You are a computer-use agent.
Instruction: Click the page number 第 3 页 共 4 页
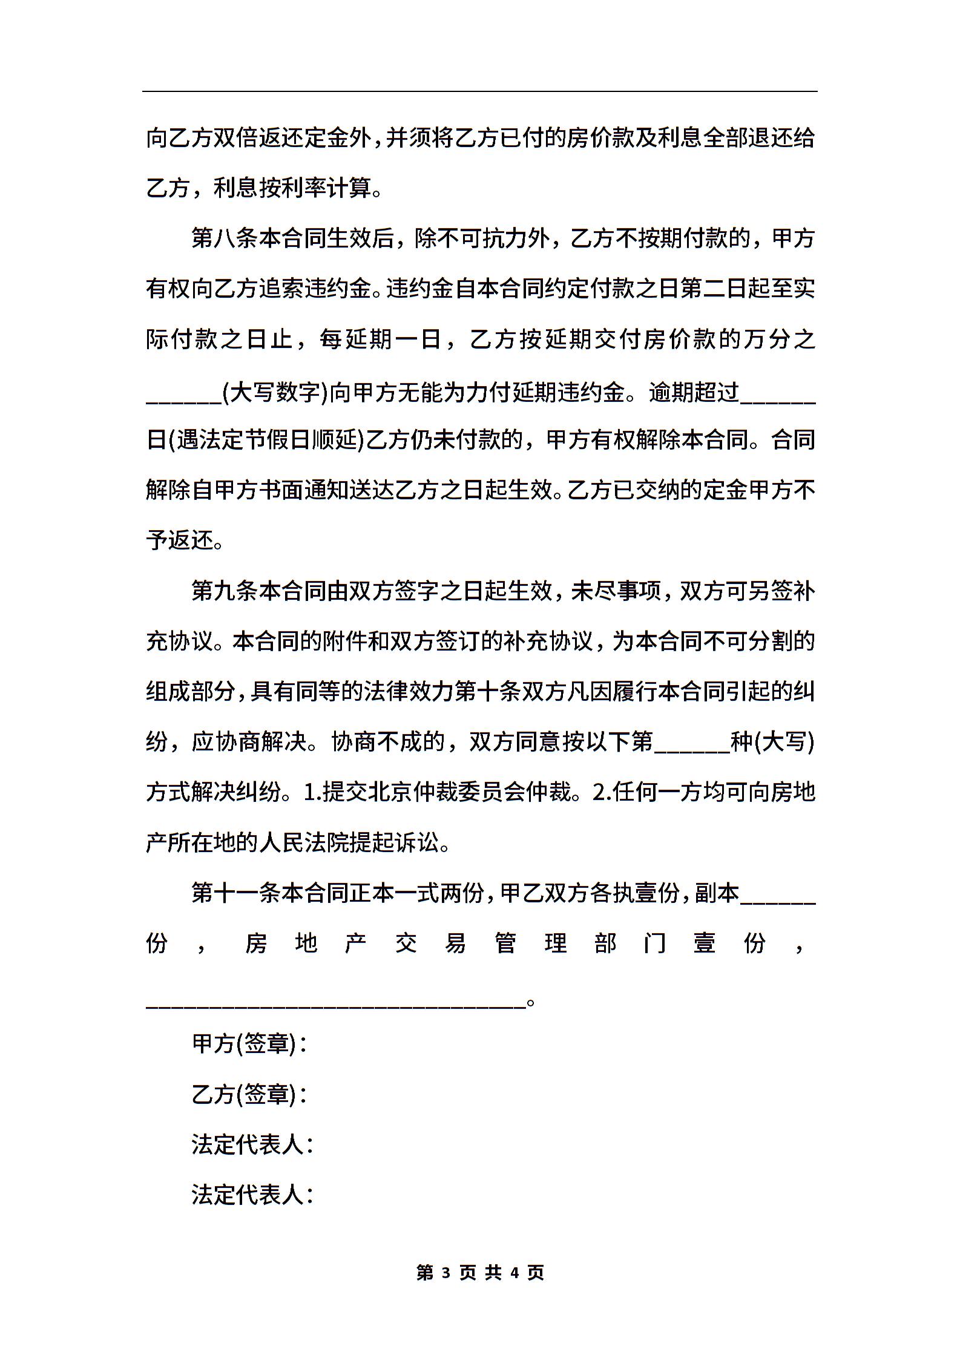480,1273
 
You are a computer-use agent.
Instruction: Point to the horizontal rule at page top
480,92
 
